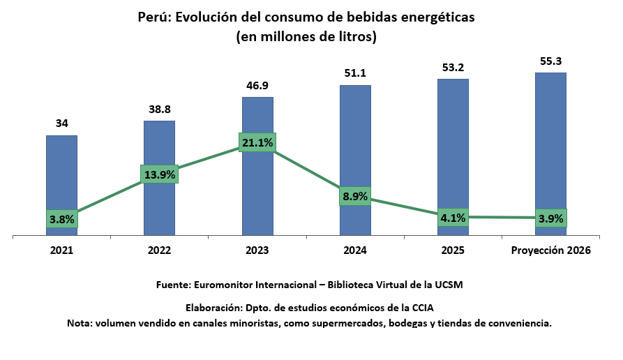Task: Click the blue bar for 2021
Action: tap(61, 174)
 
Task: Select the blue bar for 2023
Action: tap(257, 188)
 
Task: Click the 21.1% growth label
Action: tap(257, 143)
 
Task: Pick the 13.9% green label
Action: tap(160, 174)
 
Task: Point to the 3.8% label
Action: tap(61, 218)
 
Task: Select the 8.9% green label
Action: tap(355, 197)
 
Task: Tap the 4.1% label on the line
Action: tap(453, 218)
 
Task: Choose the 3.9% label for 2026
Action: tap(550, 218)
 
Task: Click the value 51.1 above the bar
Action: tap(355, 73)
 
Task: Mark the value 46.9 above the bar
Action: tap(257, 85)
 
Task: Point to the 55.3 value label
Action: tap(550, 61)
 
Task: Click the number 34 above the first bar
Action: tap(61, 123)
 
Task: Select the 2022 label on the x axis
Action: tap(160, 250)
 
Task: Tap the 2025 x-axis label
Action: tap(453, 250)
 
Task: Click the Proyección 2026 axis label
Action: tap(550, 250)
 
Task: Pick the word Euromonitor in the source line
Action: tap(224, 285)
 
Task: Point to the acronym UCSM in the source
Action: tap(449, 285)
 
